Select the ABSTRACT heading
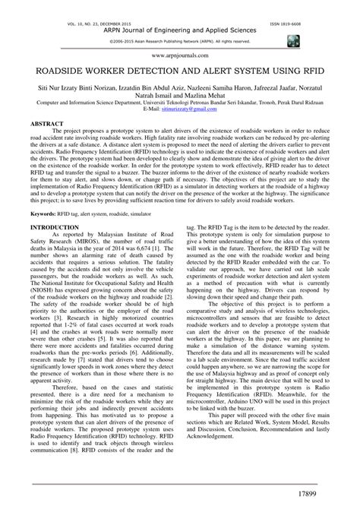tap(46, 121)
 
